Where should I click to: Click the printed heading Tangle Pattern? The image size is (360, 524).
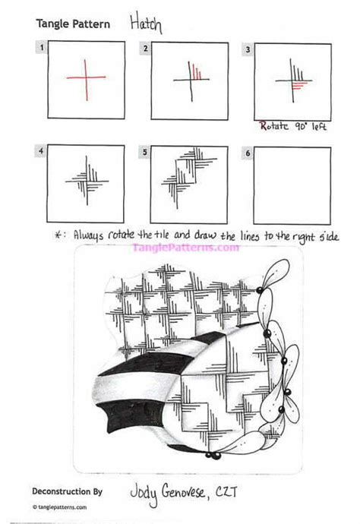click(72, 24)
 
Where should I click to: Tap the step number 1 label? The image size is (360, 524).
click(39, 49)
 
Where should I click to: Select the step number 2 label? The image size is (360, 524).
click(144, 49)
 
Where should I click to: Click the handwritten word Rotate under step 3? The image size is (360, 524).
click(273, 126)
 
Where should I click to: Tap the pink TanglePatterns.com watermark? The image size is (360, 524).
click(181, 247)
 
